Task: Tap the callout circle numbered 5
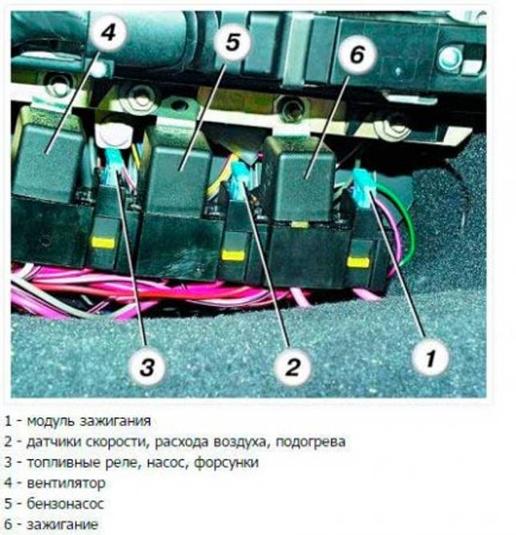232,42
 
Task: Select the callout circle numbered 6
357,54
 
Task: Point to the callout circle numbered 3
146,368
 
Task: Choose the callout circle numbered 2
292,368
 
